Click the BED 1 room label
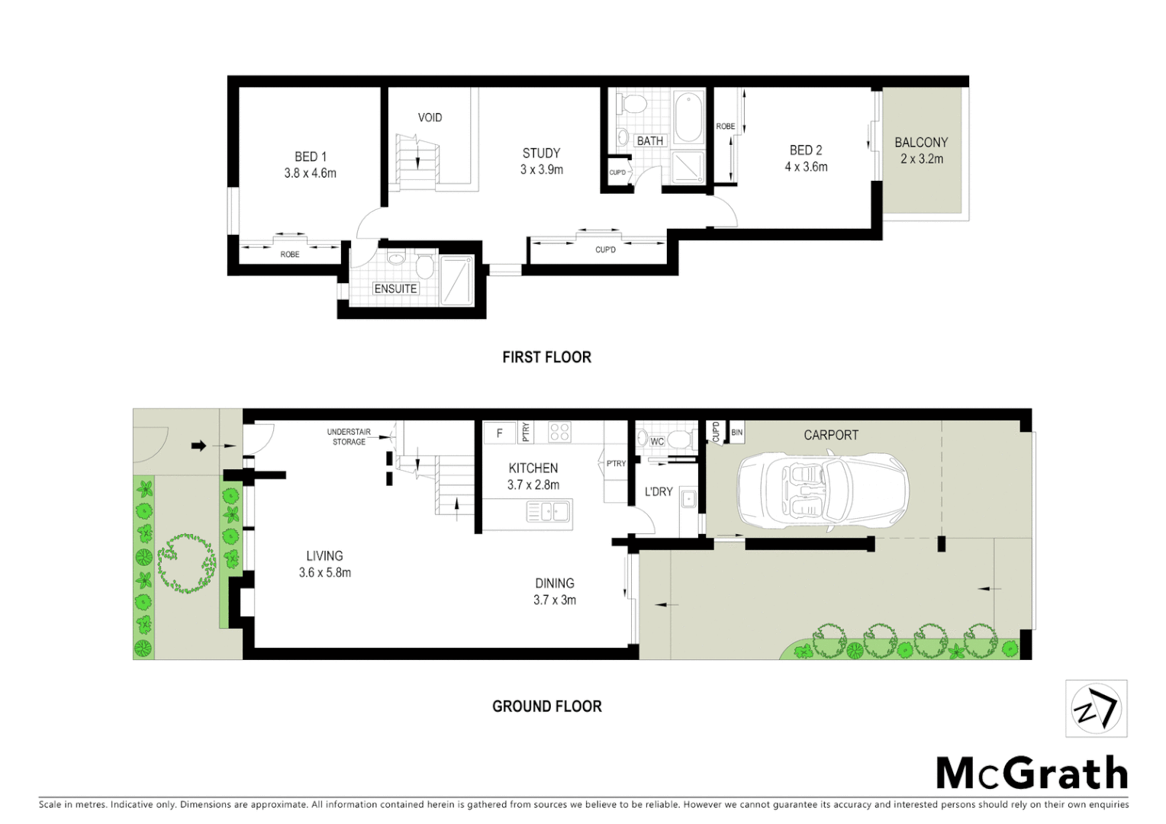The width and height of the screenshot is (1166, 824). coord(310,157)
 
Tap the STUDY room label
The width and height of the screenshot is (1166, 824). coord(541,153)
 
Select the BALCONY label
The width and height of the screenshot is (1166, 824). coord(921,143)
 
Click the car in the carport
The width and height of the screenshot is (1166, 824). coord(823,491)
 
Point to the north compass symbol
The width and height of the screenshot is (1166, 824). coord(1096,709)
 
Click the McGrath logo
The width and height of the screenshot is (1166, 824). coord(1032,774)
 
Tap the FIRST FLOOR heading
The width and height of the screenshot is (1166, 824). coord(546,357)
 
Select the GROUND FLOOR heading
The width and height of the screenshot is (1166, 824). coord(546,707)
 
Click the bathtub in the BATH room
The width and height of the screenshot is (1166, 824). coord(688,117)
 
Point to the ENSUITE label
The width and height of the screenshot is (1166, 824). coord(395,288)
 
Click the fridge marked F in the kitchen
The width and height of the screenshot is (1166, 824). coord(500,433)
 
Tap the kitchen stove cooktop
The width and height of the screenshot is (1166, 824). coord(559,432)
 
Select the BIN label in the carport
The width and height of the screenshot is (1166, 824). coord(736,433)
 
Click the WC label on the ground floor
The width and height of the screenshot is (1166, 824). coord(657,442)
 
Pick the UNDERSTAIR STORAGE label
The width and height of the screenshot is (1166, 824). coord(349,436)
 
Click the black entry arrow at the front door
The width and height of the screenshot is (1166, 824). coord(198,446)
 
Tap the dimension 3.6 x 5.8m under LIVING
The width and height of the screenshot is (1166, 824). coord(325,573)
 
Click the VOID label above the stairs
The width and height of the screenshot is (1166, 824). coord(430,117)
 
